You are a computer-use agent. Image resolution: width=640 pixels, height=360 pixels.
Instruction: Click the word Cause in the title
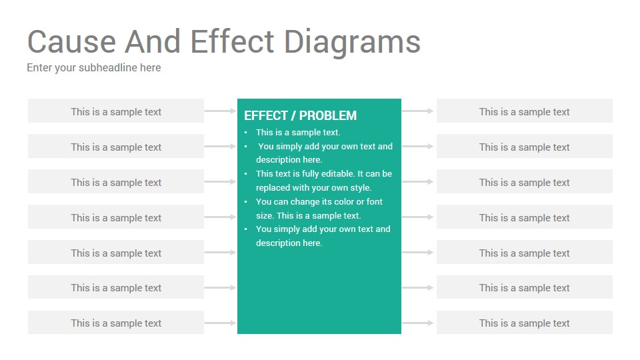pyautogui.click(x=72, y=41)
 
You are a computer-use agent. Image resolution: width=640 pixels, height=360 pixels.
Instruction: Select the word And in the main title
pyautogui.click(x=153, y=41)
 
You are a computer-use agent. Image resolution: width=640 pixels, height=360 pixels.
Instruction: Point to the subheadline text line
pyautogui.click(x=94, y=68)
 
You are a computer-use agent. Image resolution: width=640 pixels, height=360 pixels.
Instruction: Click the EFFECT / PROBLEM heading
pyautogui.click(x=301, y=115)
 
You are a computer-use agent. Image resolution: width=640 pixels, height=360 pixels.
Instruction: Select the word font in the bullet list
pyautogui.click(x=374, y=201)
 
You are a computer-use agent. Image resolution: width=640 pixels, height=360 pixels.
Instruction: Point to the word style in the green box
pyautogui.click(x=361, y=188)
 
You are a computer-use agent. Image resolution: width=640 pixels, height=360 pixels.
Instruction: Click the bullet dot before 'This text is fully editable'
pyautogui.click(x=246, y=174)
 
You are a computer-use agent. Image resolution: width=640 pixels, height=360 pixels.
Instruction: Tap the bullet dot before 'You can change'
pyautogui.click(x=246, y=201)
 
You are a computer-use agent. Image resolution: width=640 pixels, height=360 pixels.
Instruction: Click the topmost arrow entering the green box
pyautogui.click(x=221, y=111)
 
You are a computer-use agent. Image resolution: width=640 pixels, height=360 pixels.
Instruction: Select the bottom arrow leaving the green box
pyautogui.click(x=417, y=323)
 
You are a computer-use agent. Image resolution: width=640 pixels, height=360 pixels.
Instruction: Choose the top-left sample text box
pyautogui.click(x=116, y=111)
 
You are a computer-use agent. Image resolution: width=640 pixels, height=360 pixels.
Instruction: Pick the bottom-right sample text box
pyautogui.click(x=525, y=323)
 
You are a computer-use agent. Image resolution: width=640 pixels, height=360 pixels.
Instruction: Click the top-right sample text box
pyautogui.click(x=525, y=111)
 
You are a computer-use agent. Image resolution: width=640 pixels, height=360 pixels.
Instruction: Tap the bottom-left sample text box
pyautogui.click(x=116, y=323)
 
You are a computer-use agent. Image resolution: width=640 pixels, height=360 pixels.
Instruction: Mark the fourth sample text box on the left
pyautogui.click(x=116, y=217)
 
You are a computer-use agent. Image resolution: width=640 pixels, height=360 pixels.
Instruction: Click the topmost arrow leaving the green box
pyautogui.click(x=417, y=111)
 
